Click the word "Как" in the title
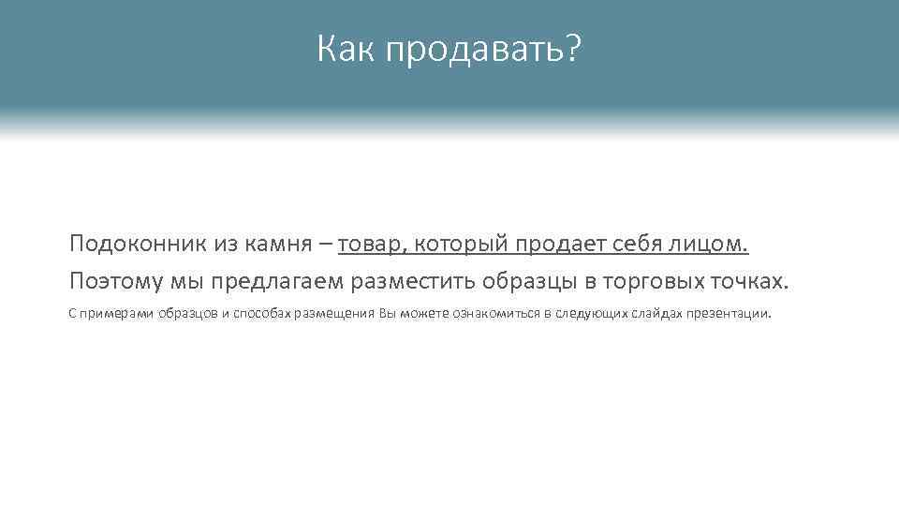(x=345, y=49)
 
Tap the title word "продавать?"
(x=480, y=51)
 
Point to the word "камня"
(x=278, y=246)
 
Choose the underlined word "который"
(x=461, y=246)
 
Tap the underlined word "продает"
(x=562, y=246)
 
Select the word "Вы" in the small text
(x=388, y=313)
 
